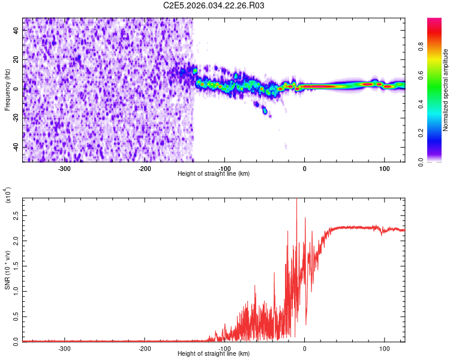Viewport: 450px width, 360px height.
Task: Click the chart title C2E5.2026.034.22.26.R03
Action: click(214, 5)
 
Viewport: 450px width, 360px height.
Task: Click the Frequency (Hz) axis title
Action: click(7, 90)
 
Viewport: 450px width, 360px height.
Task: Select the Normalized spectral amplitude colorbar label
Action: click(446, 90)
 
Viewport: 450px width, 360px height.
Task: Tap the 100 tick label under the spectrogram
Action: click(384, 169)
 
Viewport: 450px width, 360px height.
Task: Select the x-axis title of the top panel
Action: click(214, 174)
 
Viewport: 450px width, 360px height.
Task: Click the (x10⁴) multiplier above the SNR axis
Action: click(8, 194)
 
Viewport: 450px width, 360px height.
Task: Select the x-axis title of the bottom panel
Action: click(214, 354)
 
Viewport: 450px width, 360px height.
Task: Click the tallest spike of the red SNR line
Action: click(296, 200)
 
